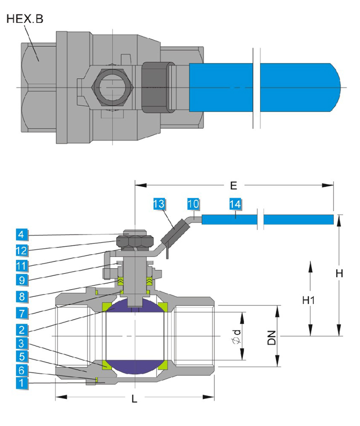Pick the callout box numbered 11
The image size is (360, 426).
(22, 265)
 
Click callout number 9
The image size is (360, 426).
(22, 279)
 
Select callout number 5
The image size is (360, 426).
(22, 358)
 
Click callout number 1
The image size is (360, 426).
(22, 383)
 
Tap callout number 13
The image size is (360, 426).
(159, 204)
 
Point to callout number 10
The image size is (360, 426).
(193, 204)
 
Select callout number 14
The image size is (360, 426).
(234, 204)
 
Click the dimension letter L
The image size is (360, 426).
(134, 399)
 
